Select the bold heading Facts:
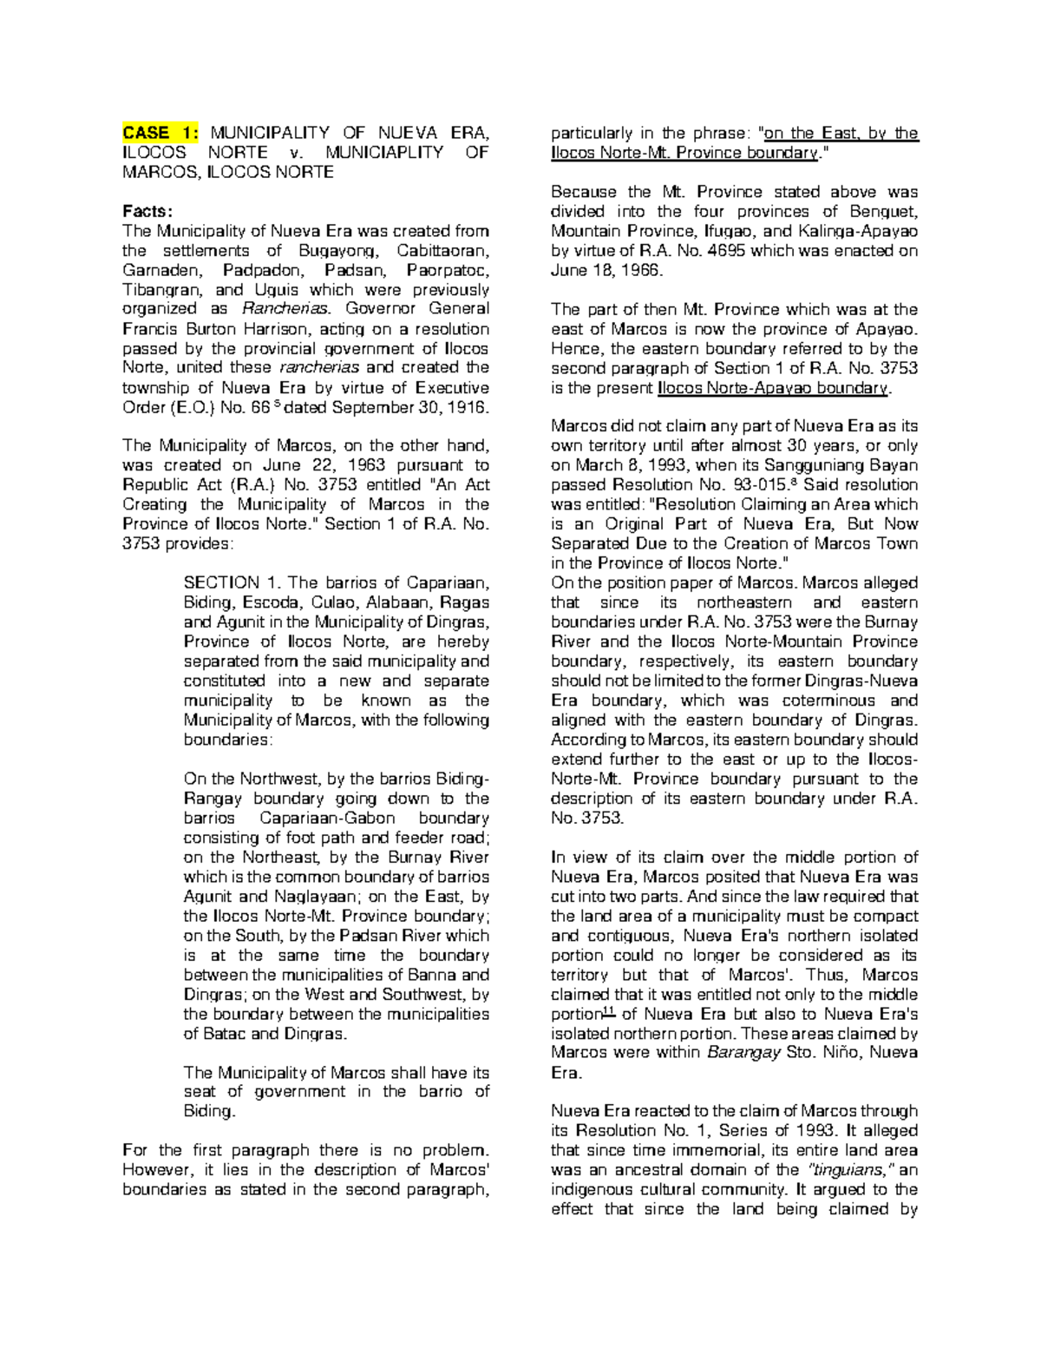(147, 212)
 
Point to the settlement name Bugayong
(345, 251)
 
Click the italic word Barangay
(740, 1053)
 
